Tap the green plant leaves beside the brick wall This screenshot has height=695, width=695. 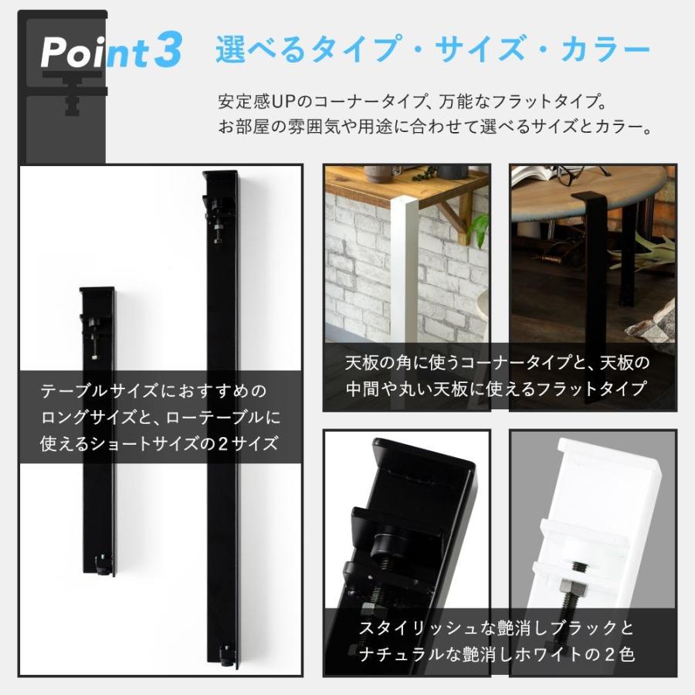479,227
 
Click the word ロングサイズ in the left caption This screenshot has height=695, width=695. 84,416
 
